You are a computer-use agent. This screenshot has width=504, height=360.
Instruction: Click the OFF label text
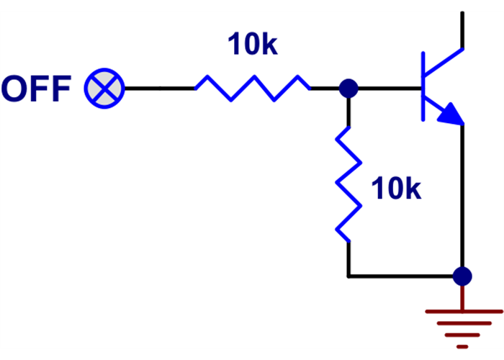36,89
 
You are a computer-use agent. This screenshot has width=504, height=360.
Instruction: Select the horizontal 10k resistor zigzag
252,88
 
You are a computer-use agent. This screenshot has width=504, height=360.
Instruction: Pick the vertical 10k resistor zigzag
348,184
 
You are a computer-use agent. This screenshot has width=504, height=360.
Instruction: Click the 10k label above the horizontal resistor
252,45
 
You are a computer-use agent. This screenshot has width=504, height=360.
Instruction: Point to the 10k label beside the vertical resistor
395,189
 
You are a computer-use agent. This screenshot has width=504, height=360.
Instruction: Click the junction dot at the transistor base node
348,89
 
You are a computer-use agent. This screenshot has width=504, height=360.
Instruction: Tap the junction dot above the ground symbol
462,276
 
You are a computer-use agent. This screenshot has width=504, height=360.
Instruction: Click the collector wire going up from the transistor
462,25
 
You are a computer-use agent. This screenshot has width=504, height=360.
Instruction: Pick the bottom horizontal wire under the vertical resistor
403,276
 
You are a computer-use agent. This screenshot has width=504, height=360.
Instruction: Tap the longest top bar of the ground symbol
462,311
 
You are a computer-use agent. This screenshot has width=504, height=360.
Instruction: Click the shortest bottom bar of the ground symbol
462,346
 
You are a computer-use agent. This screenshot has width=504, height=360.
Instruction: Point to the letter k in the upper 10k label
268,45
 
